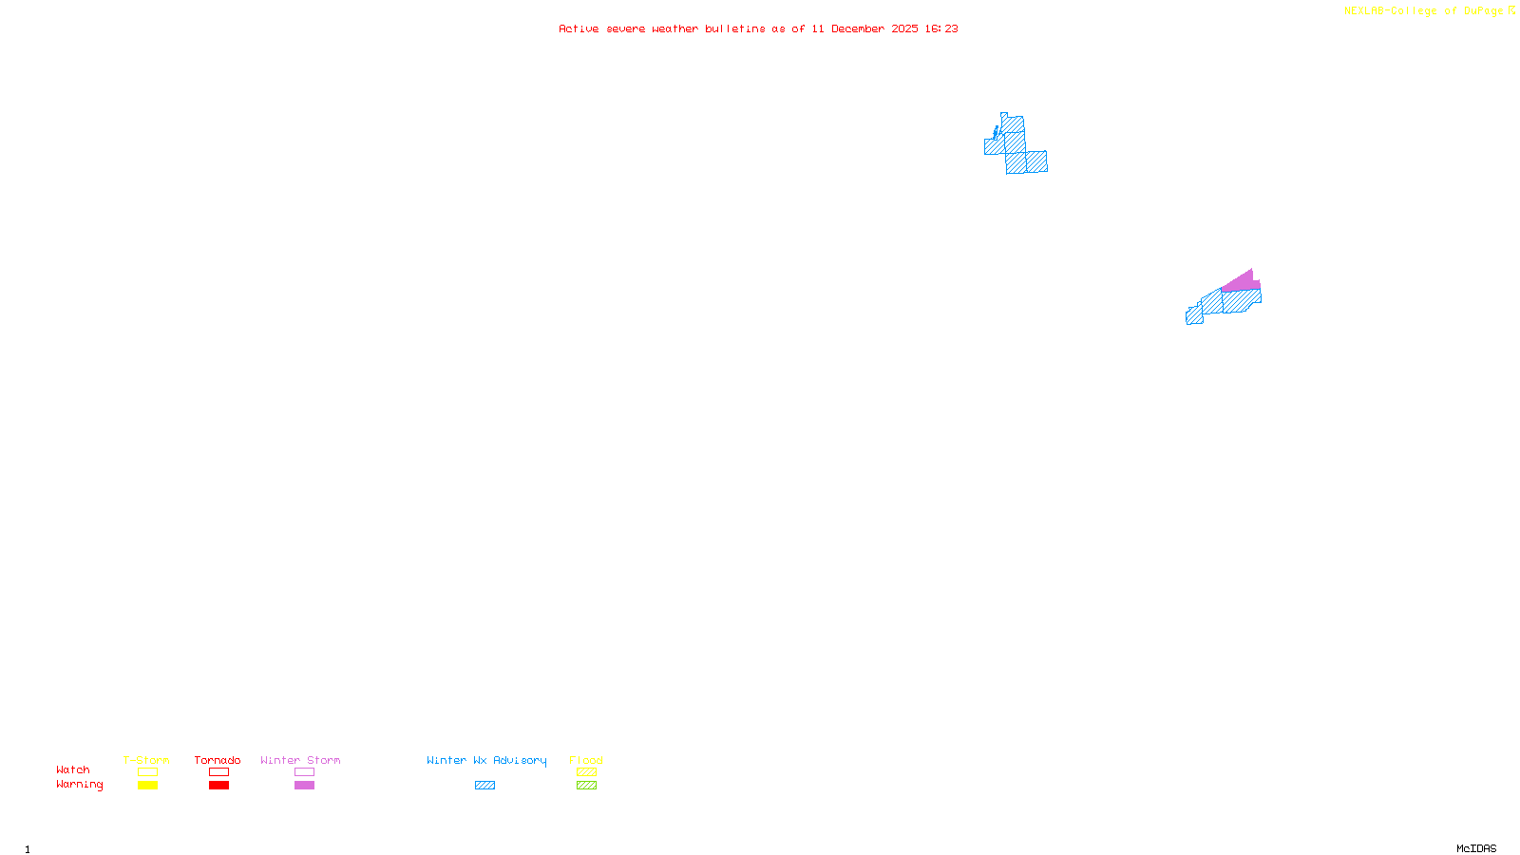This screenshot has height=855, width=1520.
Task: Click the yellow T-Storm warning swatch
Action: pyautogui.click(x=147, y=786)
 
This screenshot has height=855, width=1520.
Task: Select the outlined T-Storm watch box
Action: pyautogui.click(x=147, y=772)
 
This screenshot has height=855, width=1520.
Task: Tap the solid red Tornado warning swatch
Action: pyautogui.click(x=218, y=786)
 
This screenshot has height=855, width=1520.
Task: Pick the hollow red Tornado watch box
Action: pyautogui.click(x=218, y=772)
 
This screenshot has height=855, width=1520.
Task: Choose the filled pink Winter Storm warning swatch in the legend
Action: pyautogui.click(x=304, y=786)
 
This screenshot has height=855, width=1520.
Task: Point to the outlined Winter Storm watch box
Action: pyautogui.click(x=304, y=772)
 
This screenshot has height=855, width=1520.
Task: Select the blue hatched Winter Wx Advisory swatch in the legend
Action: pyautogui.click(x=484, y=786)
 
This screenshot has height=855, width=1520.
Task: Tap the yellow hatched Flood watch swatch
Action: pyautogui.click(x=586, y=772)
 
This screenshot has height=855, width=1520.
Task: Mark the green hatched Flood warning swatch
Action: pyautogui.click(x=586, y=786)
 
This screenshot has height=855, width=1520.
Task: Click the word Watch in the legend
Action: pyautogui.click(x=73, y=770)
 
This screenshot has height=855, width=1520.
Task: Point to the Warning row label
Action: pyautogui.click(x=79, y=785)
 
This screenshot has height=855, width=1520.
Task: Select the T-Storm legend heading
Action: pyautogui.click(x=146, y=760)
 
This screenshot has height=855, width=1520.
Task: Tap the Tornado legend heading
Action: pyautogui.click(x=218, y=760)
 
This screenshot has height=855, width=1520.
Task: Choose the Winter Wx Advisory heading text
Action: pyautogui.click(x=486, y=760)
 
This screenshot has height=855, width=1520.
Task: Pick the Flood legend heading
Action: pyautogui.click(x=586, y=760)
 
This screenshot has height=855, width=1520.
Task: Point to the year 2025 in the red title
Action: pyautogui.click(x=904, y=29)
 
